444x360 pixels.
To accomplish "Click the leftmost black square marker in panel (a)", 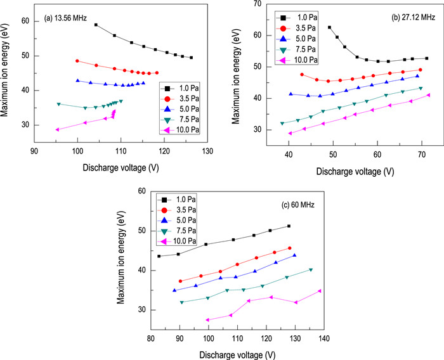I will pyautogui.click(x=96, y=25).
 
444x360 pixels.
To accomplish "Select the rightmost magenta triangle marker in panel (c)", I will pyautogui.click(x=320, y=291).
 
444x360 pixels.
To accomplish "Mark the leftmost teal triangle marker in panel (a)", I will pyautogui.click(x=59, y=104).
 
